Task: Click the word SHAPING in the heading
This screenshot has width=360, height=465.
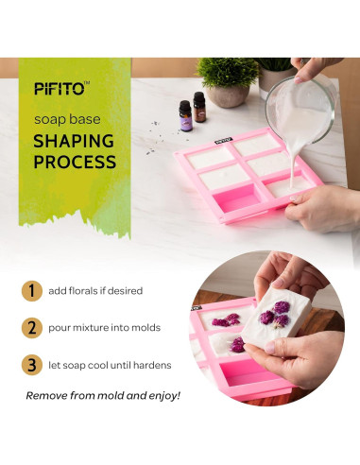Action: pos(75,141)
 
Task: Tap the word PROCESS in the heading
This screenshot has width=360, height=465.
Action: pos(75,162)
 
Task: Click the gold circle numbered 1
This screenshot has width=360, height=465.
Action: pos(32,291)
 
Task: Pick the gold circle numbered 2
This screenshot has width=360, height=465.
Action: pos(32,327)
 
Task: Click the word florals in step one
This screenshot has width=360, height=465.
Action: pos(96,291)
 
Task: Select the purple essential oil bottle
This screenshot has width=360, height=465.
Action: pos(185,115)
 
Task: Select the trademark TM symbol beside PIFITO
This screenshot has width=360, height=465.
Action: pos(87,83)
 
